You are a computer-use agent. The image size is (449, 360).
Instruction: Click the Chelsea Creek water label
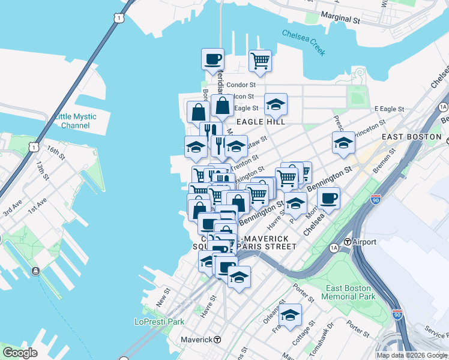pos(304,43)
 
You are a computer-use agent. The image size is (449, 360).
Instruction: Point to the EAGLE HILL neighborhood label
pos(260,122)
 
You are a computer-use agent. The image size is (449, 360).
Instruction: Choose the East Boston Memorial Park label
pos(348,292)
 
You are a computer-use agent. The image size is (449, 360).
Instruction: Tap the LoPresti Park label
pos(159,322)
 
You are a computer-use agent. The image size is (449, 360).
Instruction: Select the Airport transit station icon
pos(347,242)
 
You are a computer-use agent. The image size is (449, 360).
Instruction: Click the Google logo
pos(20,353)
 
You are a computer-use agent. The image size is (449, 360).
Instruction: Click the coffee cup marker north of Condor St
pos(212,59)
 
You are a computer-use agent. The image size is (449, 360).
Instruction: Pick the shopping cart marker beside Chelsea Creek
pos(260,60)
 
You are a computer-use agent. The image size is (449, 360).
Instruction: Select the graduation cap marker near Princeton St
pos(343,143)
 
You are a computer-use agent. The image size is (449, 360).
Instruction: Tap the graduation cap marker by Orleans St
pos(290,314)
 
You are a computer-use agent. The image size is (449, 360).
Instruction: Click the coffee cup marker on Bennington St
pos(328,197)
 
